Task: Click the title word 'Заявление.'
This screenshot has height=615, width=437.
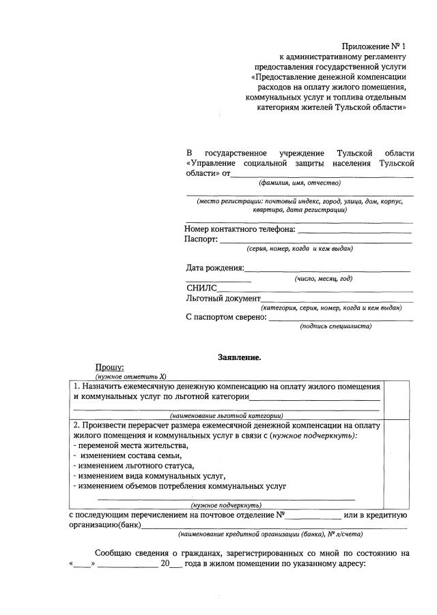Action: coord(239,357)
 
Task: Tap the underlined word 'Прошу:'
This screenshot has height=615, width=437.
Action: coord(109,367)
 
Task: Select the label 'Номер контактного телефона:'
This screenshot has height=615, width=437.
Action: coord(240,229)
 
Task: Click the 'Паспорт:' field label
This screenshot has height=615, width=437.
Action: coord(201,239)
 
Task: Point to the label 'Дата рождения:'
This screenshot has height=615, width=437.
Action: coord(214,267)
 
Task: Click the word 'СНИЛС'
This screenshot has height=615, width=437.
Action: coord(201,288)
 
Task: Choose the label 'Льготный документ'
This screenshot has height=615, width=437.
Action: coord(223,299)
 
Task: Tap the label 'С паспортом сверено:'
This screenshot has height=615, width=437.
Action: coord(227,316)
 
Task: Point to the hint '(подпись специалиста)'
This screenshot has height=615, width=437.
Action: coord(335,326)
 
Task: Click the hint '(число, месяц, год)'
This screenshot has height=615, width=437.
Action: coord(323,278)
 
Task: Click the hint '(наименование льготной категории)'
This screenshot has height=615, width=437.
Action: coord(226,415)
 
